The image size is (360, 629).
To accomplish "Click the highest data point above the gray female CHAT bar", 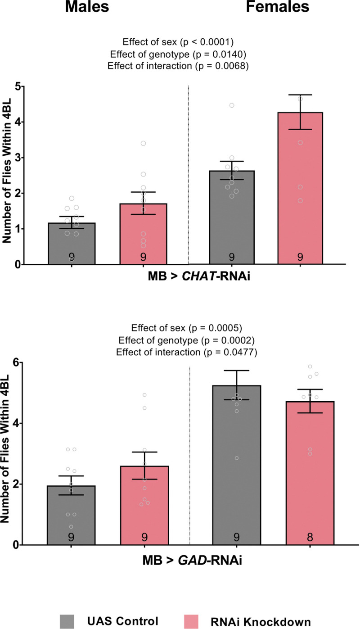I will [x=232, y=105].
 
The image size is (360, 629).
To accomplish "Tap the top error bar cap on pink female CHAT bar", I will [x=300, y=95].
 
